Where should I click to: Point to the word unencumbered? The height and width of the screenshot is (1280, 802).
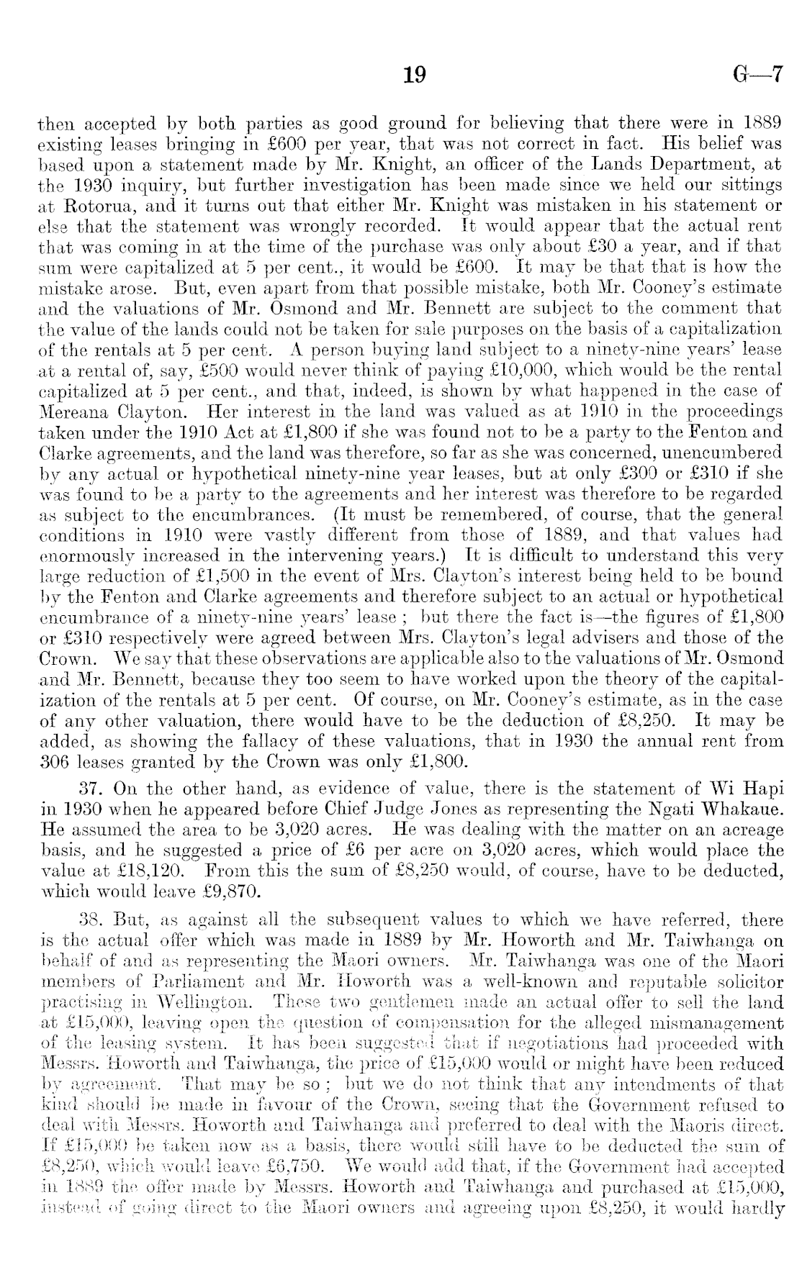click(710, 453)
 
